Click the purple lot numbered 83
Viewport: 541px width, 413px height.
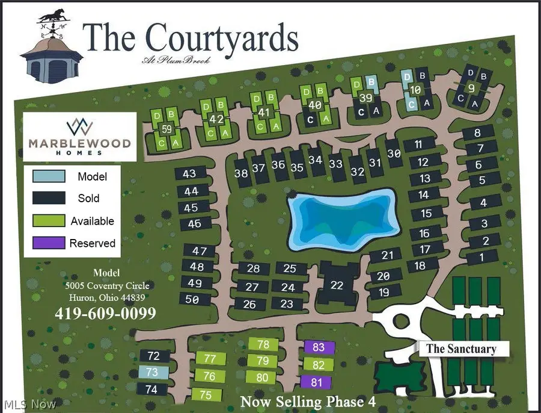(x=319, y=347)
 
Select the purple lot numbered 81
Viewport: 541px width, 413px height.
(x=317, y=382)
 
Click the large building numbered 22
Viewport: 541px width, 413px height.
(x=337, y=284)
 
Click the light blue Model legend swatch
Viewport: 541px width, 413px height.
(x=49, y=177)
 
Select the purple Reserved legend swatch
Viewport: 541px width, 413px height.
(x=49, y=243)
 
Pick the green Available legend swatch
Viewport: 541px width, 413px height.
(x=49, y=221)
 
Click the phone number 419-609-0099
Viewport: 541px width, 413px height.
(x=105, y=314)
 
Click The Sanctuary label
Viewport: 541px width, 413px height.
(x=461, y=349)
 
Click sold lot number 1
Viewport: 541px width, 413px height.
(x=481, y=257)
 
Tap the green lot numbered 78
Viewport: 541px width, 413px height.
(x=263, y=345)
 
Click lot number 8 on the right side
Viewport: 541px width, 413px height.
(x=478, y=133)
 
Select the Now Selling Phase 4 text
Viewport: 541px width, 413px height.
(x=310, y=401)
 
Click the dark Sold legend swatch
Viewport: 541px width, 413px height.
(x=49, y=199)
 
